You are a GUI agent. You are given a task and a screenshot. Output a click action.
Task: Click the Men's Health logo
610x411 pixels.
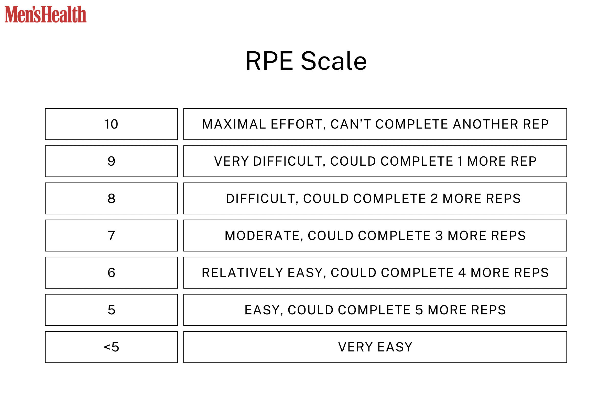pos(45,14)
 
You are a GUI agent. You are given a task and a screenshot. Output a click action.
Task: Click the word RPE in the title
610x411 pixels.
pos(269,61)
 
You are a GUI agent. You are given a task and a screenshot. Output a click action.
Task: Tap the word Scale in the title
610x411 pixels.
pos(333,61)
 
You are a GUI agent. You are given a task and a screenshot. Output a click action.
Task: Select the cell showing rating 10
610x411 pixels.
pos(111,124)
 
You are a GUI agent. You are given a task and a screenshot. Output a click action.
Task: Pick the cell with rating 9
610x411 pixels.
pos(111,161)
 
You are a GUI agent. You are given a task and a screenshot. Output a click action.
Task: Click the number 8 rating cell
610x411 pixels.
pos(111,198)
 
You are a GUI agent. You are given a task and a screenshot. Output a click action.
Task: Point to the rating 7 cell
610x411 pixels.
pos(111,236)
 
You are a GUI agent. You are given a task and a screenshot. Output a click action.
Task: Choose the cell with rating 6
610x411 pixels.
pos(111,273)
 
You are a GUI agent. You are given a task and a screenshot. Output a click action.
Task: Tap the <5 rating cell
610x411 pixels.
pos(111,347)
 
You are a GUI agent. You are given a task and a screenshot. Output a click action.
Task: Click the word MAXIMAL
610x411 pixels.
pos(234,124)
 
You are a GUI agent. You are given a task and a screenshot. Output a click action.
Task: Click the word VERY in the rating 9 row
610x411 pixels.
pos(231,161)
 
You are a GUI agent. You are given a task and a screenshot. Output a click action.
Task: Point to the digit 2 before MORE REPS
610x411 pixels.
pos(434,199)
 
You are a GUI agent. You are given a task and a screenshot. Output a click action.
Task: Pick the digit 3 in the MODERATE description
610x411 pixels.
pos(439,236)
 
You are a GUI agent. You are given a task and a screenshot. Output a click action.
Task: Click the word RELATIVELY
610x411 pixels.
pos(242,273)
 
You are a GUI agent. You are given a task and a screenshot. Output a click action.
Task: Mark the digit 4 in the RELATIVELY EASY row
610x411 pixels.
pos(462,273)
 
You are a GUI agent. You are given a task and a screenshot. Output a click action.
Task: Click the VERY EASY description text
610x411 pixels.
pos(375,347)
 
